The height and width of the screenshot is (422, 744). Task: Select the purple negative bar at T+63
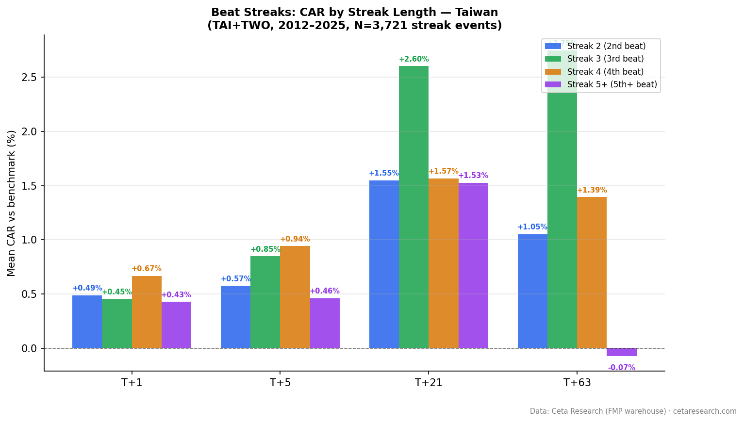coord(621,352)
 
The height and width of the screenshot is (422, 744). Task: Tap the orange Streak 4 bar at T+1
coord(147,312)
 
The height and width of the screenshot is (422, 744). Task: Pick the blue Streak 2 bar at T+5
coord(235,317)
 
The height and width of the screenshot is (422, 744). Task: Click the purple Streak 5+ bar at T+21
coord(473,265)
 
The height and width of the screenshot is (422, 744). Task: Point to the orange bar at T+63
coord(592,273)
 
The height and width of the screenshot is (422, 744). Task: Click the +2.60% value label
coord(413,59)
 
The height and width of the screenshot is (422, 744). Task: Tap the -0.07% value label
coord(621,368)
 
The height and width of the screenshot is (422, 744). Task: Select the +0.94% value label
coord(295,239)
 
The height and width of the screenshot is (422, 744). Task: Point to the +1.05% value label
coord(532,227)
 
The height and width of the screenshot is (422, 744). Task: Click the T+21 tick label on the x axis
coord(429,383)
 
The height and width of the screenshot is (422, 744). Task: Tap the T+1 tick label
coord(132,383)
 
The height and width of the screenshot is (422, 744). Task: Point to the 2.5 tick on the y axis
coord(30,78)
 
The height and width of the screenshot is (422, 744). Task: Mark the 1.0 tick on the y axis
coord(30,240)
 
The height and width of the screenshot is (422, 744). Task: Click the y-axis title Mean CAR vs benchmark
coord(12,203)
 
